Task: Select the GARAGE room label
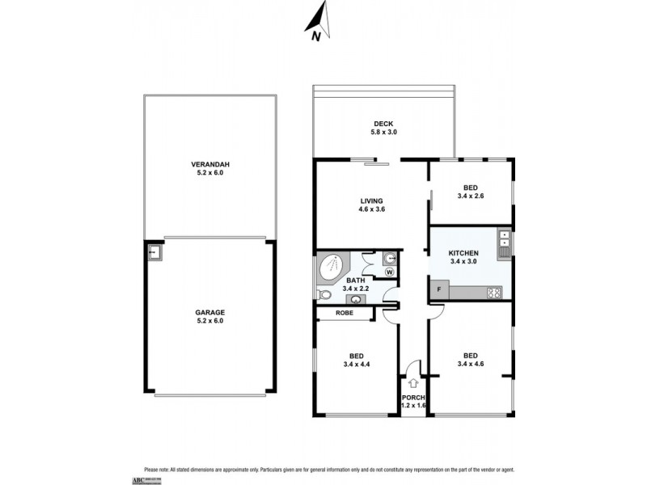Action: pos(209,311)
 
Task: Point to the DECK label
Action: pos(383,124)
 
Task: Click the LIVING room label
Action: pos(372,201)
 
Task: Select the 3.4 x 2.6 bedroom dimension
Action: pos(470,196)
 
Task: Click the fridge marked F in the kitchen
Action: pos(439,289)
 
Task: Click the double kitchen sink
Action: pos(504,242)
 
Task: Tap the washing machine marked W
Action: pos(390,272)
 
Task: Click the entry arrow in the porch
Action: pos(414,382)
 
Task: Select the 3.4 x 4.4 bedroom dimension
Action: pos(355,365)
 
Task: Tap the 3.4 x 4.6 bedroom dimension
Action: pos(470,365)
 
